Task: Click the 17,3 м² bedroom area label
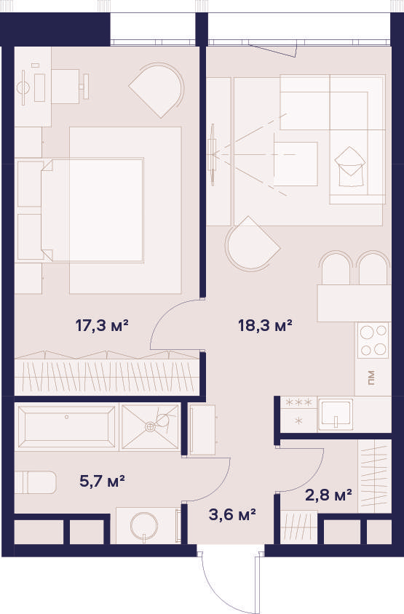coord(102,325)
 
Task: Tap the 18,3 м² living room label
coord(265,325)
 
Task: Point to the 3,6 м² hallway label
coord(232,514)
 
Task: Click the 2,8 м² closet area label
coord(328,495)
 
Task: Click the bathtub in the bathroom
coord(67,426)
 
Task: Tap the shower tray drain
coord(150,427)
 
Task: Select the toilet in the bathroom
coord(35,482)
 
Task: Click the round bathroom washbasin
coord(144,525)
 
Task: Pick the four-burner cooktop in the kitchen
coord(373,340)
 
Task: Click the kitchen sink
coord(335,414)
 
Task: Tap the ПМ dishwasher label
coord(371,378)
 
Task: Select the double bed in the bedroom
coord(92,210)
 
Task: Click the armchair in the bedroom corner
coord(157,89)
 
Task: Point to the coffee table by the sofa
coord(296,164)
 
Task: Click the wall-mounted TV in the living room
coord(213,154)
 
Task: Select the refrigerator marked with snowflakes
coord(298,415)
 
